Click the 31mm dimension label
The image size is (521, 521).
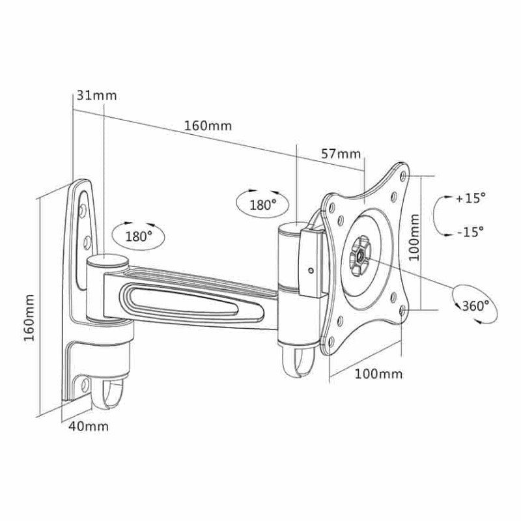(96, 95)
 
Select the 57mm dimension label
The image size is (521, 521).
(341, 154)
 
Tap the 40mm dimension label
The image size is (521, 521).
(89, 427)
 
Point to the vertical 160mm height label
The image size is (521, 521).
(29, 317)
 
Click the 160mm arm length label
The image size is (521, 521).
(208, 126)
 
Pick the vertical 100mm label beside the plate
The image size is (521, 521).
(414, 237)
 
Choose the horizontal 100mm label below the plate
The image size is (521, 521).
(379, 374)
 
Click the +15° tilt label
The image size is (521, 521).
(471, 199)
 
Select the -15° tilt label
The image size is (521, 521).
(470, 232)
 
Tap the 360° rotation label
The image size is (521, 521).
(476, 305)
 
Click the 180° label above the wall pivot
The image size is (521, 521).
(139, 236)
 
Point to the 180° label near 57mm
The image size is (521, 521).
(263, 204)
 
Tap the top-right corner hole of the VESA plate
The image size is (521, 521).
(404, 175)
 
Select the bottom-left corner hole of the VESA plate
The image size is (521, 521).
(331, 341)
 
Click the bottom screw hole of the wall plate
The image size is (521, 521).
(85, 385)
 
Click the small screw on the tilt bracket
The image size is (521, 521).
(311, 270)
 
